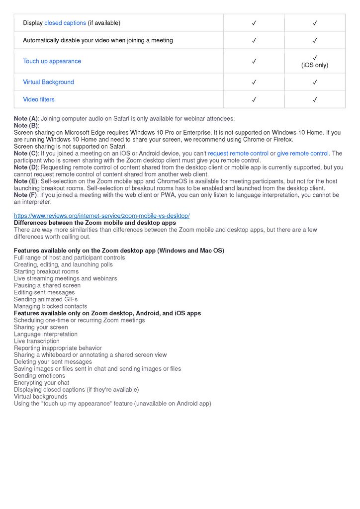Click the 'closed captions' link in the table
[65, 23]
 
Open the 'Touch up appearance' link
[52, 61]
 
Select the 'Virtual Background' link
[48, 82]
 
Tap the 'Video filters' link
[39, 99]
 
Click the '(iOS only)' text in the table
[315, 65]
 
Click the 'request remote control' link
[238, 154]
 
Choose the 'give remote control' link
[303, 154]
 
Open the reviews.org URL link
[101, 216]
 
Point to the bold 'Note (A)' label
[26, 119]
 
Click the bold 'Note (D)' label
[26, 168]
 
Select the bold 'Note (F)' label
[26, 195]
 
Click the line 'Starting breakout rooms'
[46, 272]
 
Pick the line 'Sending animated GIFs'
[46, 300]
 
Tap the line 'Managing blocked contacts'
[50, 307]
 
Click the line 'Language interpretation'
[46, 335]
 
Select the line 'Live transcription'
[37, 341]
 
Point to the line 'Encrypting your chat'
[42, 383]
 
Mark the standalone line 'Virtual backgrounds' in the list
[40, 397]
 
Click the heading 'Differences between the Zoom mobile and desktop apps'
[94, 223]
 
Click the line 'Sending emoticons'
[39, 376]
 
